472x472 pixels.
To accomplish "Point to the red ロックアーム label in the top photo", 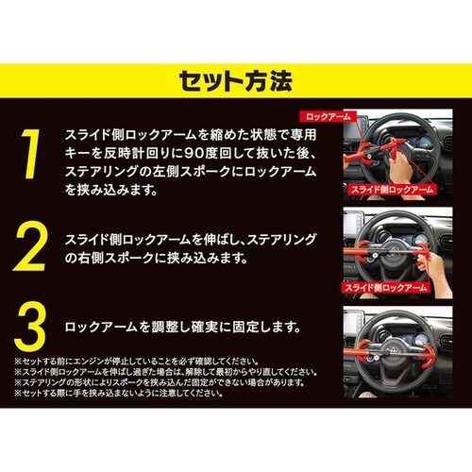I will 332,117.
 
